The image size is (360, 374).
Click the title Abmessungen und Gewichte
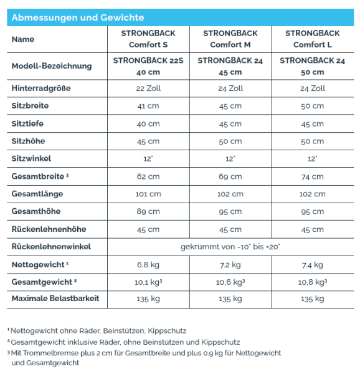78,17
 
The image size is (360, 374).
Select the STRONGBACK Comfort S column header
148,39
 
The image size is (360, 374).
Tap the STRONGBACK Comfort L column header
312,39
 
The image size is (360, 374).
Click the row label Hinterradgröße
41,89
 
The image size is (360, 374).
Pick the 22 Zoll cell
148,89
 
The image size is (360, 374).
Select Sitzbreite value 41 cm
148,106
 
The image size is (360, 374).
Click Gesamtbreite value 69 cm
230,176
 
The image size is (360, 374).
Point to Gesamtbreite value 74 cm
312,176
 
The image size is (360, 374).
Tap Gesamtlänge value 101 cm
148,194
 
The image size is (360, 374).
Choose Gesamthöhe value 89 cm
148,211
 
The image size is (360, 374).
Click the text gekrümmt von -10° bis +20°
230,247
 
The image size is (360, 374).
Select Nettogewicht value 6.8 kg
148,265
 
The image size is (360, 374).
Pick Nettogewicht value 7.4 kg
312,265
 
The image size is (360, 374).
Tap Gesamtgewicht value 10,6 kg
230,282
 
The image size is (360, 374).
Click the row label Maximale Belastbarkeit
55,299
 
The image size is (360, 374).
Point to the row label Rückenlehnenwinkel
51,247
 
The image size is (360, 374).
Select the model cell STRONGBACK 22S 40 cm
148,66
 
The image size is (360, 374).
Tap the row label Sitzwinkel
31,159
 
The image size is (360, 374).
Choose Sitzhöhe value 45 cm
148,141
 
